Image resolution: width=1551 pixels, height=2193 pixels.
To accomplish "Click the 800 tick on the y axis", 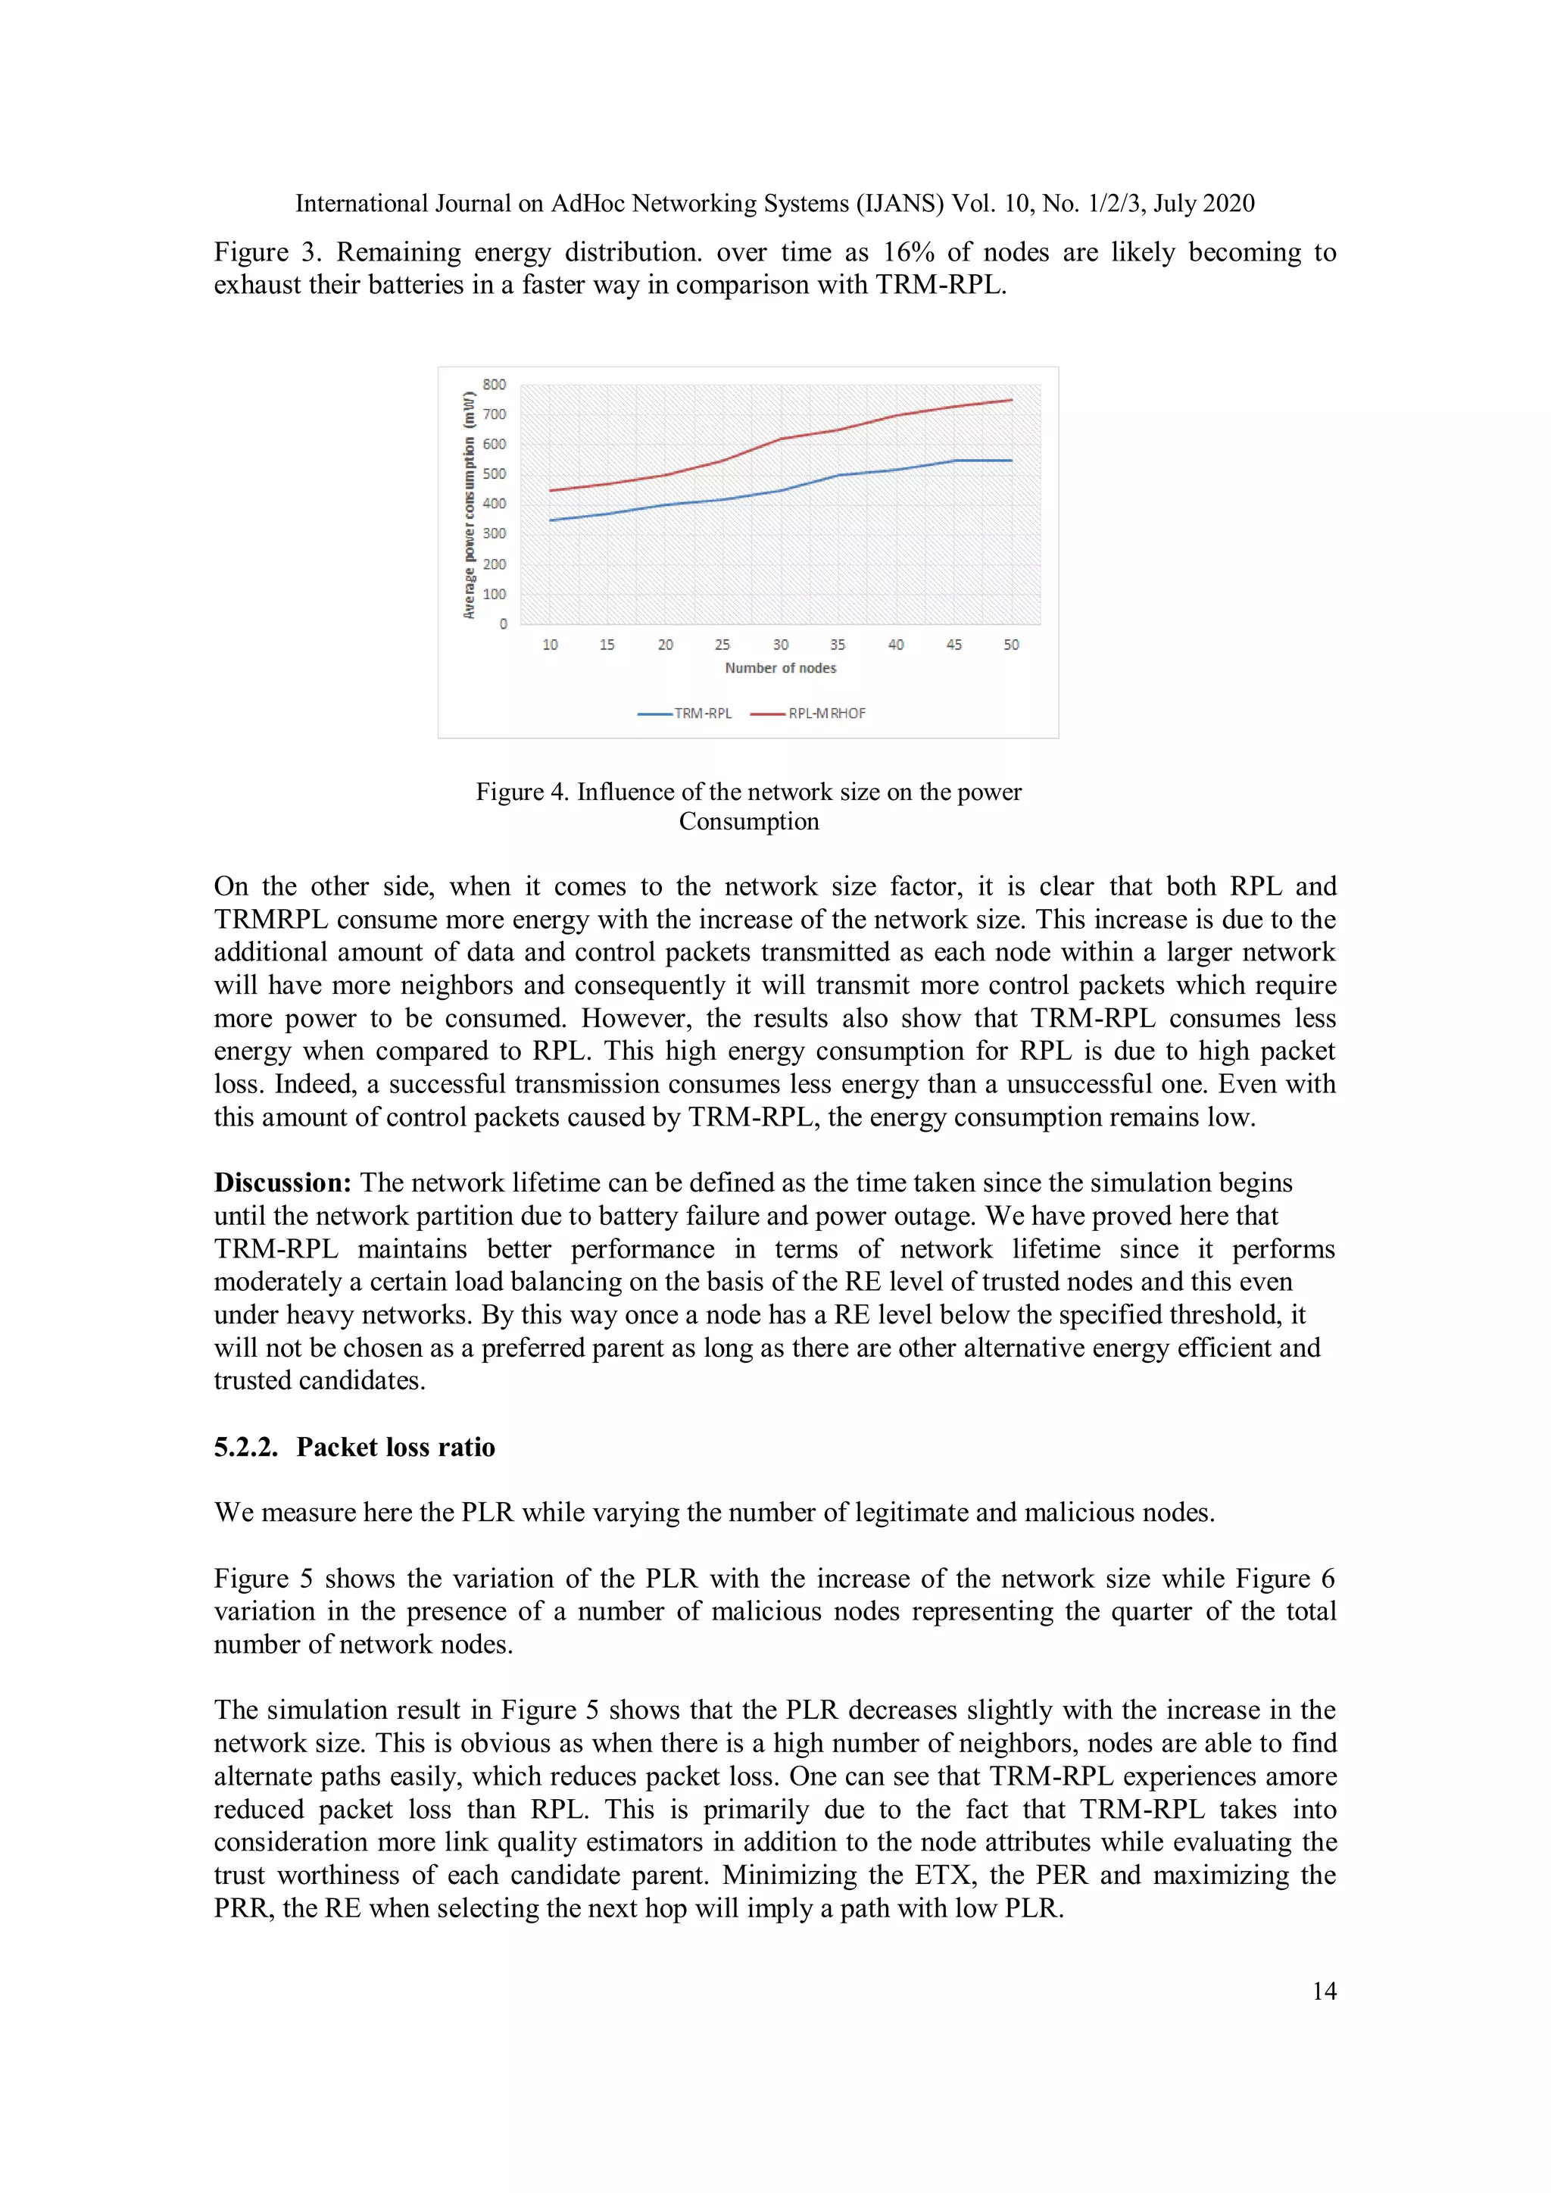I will pyautogui.click(x=494, y=385).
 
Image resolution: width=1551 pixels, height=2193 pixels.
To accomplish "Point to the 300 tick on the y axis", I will pyautogui.click(x=494, y=534).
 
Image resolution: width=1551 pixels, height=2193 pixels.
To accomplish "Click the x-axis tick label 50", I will pyautogui.click(x=1010, y=645).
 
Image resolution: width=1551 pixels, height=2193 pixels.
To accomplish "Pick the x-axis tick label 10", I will pyautogui.click(x=550, y=645).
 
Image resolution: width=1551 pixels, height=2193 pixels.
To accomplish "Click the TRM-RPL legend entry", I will pyautogui.click(x=685, y=714).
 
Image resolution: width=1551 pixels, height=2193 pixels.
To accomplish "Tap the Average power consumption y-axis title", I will pyautogui.click(x=469, y=505).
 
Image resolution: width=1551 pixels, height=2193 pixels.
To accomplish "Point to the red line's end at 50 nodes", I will pyautogui.click(x=1010, y=400).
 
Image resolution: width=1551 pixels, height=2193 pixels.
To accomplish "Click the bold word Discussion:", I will pyautogui.click(x=282, y=1183).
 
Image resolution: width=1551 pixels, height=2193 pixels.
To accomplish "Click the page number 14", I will pyautogui.click(x=1324, y=1992).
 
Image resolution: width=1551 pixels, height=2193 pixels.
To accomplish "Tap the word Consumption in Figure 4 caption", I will pyautogui.click(x=749, y=823).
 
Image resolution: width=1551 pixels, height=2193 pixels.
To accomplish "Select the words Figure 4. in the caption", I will pyautogui.click(x=523, y=793).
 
